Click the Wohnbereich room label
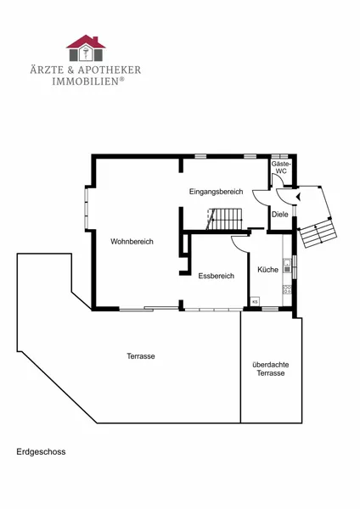click(x=132, y=242)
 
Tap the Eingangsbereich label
click(x=216, y=192)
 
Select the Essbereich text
click(x=216, y=276)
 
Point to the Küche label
click(x=267, y=270)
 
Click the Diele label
click(x=279, y=215)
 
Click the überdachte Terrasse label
click(x=271, y=369)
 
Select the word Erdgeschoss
click(x=41, y=451)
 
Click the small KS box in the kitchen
click(x=255, y=301)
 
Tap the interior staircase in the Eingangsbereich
click(x=225, y=219)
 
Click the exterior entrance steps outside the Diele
click(x=318, y=232)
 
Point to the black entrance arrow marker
click(x=298, y=196)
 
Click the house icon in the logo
click(x=86, y=48)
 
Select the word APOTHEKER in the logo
click(x=109, y=70)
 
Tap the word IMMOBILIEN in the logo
click(x=86, y=81)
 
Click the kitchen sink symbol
click(x=287, y=266)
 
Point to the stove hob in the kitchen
click(x=287, y=289)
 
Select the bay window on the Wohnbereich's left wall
click(x=87, y=208)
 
